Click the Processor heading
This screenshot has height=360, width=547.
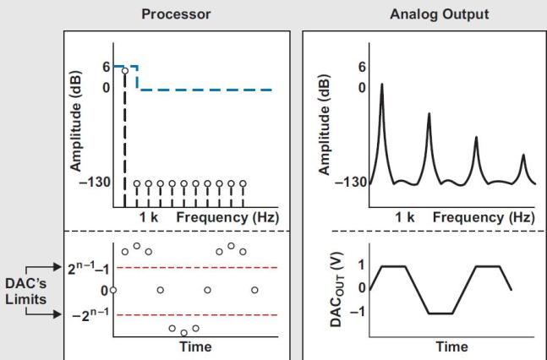coord(176,14)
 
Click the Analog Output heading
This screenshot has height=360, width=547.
coord(439,14)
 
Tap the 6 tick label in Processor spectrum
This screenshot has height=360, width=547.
coord(107,67)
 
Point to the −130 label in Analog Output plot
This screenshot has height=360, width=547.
coord(351,182)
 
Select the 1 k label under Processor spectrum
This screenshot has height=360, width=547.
coord(149,217)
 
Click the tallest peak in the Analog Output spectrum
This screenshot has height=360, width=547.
coord(382,85)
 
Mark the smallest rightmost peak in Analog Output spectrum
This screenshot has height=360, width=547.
coord(523,155)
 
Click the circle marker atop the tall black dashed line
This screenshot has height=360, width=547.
coord(125,71)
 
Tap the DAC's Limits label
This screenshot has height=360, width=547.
coord(26,292)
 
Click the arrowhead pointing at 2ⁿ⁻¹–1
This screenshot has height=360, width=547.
coord(57,267)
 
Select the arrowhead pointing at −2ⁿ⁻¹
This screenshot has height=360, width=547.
coord(57,314)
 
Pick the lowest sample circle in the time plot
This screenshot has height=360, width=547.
coord(183,333)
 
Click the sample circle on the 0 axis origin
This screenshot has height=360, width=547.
coord(113,290)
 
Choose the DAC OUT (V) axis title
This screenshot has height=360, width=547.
coord(337,290)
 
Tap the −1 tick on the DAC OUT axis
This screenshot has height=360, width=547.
coord(358,312)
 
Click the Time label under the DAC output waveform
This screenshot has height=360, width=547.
coord(451,346)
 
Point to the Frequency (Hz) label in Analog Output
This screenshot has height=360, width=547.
coord(484,217)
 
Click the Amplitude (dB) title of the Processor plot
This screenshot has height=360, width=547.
coord(76,121)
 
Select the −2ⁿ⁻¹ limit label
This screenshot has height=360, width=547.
coord(90,314)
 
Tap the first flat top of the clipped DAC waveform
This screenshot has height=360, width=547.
coord(394,266)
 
